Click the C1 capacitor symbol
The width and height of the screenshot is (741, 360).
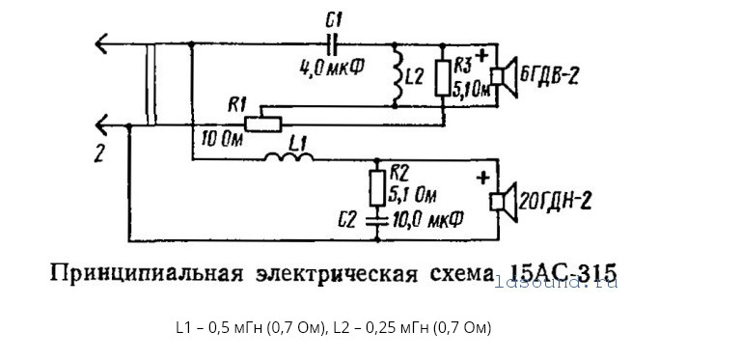334,44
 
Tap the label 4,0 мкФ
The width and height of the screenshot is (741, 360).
331,68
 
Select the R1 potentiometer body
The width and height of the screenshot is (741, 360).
258,123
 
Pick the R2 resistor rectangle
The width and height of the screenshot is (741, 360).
376,182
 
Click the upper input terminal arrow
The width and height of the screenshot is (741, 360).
100,44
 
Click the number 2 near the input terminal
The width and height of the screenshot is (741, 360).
98,151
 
